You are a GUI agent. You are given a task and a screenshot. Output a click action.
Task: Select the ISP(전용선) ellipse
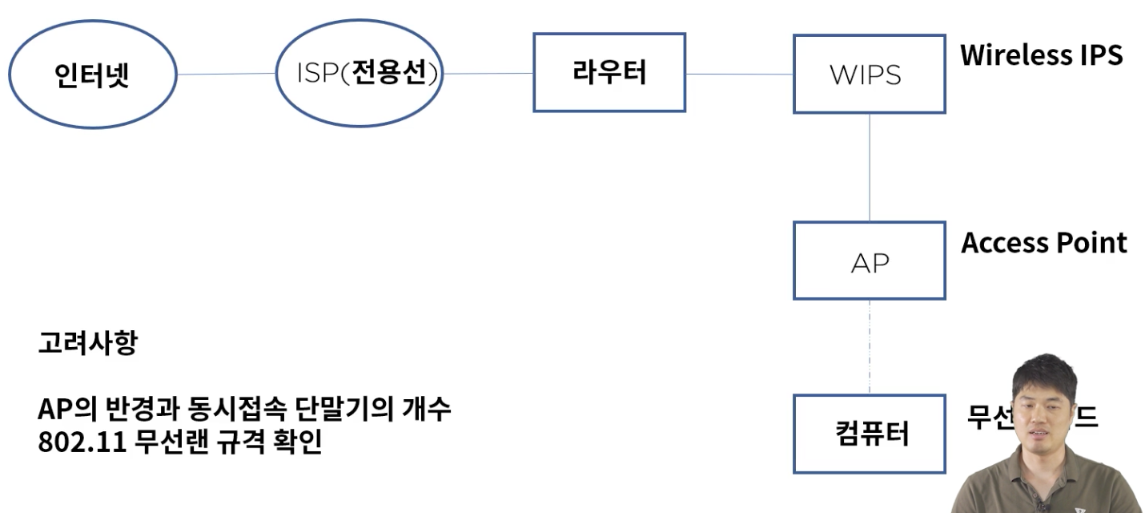pos(359,74)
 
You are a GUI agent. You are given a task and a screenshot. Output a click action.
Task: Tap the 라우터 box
pos(609,72)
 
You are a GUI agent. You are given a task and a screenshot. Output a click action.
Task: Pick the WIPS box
pos(869,74)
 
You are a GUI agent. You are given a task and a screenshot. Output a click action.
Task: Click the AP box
pos(869,261)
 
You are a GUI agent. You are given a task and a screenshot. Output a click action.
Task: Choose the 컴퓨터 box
pos(869,434)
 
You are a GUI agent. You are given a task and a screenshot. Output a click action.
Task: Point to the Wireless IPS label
pos(1041,55)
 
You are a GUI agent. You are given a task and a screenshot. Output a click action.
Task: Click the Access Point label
pos(1044,242)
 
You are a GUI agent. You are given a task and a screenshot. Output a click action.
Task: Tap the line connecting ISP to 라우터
pos(488,74)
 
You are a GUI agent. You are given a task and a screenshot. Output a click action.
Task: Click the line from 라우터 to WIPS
pos(738,75)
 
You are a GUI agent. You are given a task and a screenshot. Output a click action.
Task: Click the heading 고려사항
pos(87,344)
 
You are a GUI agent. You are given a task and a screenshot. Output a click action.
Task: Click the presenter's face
pos(1045,405)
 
